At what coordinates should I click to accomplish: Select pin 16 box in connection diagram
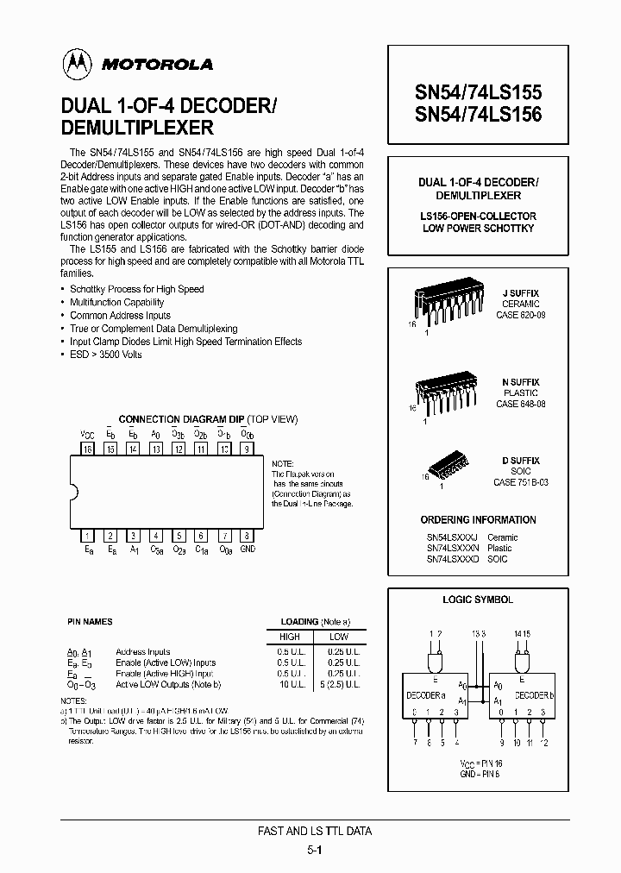(x=87, y=449)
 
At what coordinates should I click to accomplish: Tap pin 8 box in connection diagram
(x=247, y=535)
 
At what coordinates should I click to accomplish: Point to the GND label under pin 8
(x=248, y=549)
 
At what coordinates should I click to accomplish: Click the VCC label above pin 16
(x=87, y=435)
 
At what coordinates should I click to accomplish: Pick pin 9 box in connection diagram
(x=247, y=449)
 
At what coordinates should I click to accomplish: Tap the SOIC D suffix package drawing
(x=449, y=466)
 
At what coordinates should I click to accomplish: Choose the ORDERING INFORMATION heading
(x=478, y=520)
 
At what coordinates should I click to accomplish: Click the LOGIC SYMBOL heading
(x=478, y=600)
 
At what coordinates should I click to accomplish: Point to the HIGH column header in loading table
(x=291, y=637)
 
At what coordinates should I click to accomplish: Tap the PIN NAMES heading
(x=90, y=621)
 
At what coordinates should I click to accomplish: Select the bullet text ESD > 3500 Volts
(x=106, y=355)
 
